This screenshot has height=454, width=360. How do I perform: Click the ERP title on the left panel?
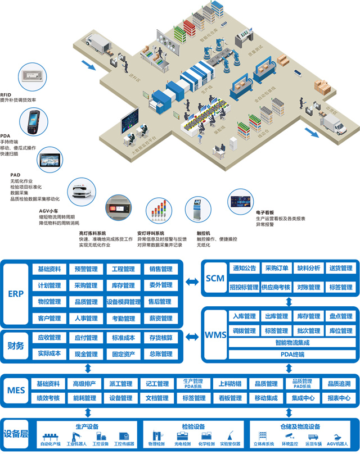(x=15, y=294)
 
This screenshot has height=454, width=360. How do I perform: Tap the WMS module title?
(x=215, y=335)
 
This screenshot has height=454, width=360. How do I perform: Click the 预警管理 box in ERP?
(x=87, y=269)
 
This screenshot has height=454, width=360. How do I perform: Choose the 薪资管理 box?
(x=161, y=319)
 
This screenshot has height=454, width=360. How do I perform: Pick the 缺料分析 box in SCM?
(x=308, y=268)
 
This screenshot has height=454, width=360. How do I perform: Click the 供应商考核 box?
(x=276, y=287)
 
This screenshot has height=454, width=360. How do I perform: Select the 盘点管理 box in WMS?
(x=340, y=316)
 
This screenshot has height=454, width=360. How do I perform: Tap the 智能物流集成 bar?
(x=292, y=342)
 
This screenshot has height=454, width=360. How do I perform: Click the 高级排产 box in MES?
(x=84, y=384)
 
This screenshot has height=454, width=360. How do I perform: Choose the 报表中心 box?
(x=339, y=398)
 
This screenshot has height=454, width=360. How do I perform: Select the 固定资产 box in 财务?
(x=124, y=354)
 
